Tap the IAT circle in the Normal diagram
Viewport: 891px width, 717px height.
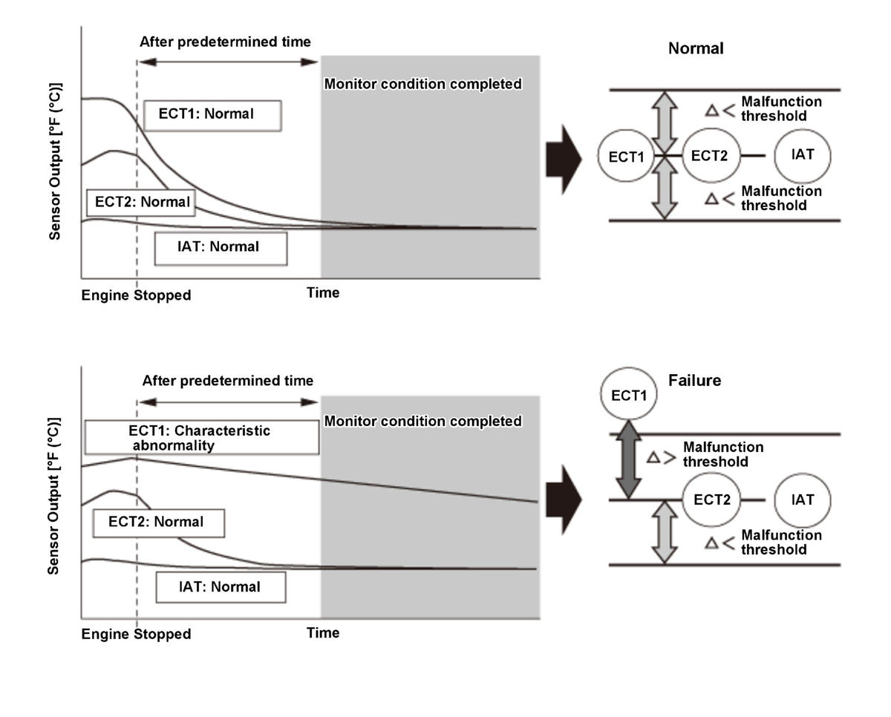coord(802,156)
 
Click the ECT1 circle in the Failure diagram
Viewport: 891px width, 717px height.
coord(628,395)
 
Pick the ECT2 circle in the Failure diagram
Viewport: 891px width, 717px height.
coord(712,500)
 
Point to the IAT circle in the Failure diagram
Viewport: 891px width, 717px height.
coord(802,500)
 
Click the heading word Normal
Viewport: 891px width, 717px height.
coord(696,49)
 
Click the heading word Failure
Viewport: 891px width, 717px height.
coord(694,381)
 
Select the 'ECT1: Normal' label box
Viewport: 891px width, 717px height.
coord(212,115)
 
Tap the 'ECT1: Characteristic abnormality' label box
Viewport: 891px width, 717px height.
coord(201,437)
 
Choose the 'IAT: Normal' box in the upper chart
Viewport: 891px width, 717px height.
coord(221,248)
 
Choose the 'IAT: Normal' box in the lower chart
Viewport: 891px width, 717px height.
coord(221,587)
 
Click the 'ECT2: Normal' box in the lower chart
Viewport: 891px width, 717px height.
coord(157,523)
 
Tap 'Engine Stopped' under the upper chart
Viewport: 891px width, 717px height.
coord(136,295)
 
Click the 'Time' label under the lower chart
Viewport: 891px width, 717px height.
coord(323,633)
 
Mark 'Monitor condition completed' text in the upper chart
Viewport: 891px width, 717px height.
coord(423,85)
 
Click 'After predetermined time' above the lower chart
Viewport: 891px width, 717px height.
coord(228,382)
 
